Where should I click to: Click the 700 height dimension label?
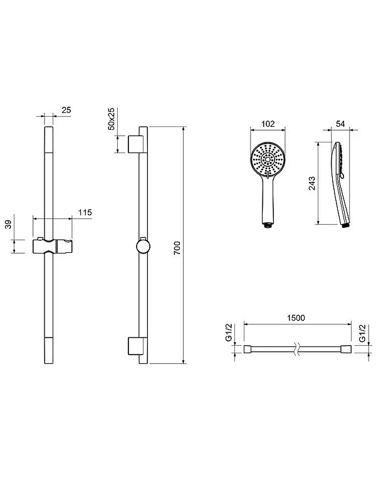(177, 248)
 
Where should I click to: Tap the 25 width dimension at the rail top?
(66, 110)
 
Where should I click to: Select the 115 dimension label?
(85, 212)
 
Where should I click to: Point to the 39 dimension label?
(8, 224)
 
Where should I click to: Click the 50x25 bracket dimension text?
(112, 119)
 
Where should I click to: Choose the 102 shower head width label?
(268, 124)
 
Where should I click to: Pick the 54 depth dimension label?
(340, 124)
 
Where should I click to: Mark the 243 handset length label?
(312, 183)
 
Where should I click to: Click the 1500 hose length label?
(296, 318)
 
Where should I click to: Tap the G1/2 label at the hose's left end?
(229, 333)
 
